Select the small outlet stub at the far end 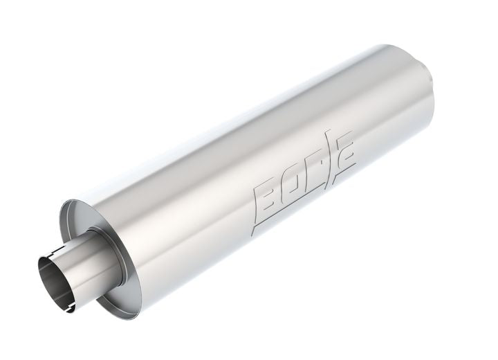[432, 72]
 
